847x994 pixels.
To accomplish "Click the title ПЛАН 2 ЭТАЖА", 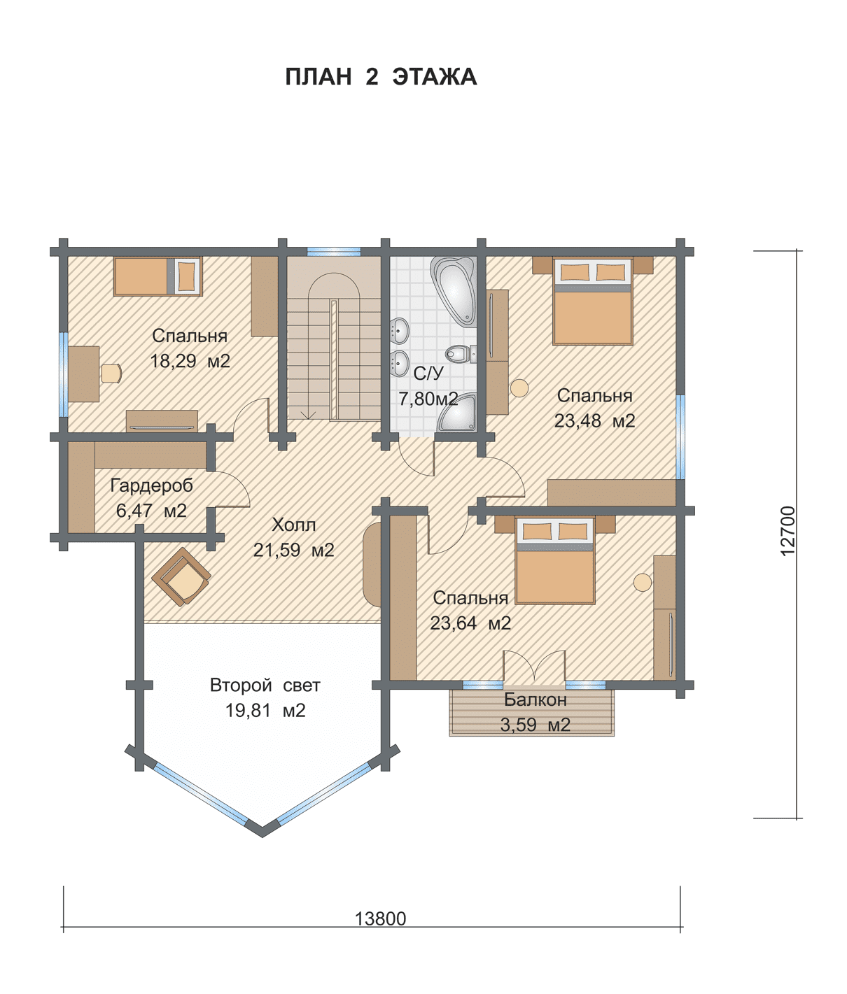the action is (381, 77).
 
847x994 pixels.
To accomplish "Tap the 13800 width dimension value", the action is (380, 918).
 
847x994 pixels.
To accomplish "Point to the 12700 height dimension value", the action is (787, 531).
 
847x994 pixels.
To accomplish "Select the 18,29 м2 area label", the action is (190, 361).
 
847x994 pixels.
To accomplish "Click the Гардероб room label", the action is (151, 485).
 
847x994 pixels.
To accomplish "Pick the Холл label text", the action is (293, 525).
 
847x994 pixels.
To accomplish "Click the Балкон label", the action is (535, 700).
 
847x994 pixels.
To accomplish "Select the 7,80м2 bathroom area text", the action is (428, 399).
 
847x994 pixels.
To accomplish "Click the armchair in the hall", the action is (181, 576).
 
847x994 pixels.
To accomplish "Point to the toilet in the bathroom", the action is (461, 355).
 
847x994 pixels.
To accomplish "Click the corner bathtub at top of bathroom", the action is (454, 288).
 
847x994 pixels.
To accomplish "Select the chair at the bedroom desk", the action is (111, 374).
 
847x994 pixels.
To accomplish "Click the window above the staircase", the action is (333, 252).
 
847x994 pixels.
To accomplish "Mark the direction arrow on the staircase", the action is (308, 415).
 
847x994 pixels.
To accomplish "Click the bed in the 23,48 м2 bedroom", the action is (592, 301).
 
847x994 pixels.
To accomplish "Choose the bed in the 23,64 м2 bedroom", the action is (555, 561).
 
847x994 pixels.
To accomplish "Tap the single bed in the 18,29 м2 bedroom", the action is (158, 276).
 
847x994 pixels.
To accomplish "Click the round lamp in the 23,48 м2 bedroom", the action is (519, 388).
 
